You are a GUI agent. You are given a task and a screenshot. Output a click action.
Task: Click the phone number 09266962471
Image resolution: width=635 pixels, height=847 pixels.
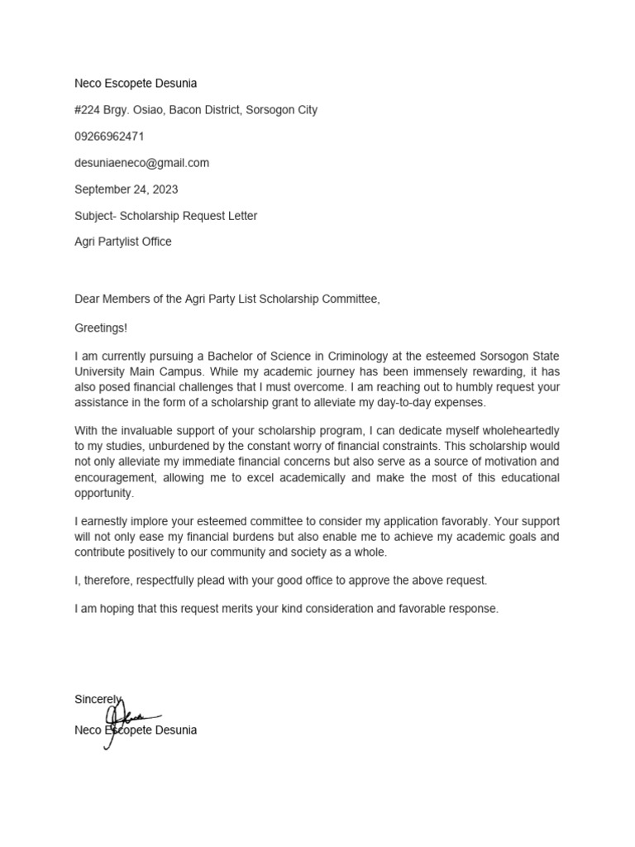(x=109, y=136)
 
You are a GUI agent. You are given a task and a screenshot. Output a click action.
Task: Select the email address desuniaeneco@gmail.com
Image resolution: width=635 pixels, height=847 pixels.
(x=141, y=163)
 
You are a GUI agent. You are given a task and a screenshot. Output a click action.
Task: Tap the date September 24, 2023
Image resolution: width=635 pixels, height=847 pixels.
(x=126, y=189)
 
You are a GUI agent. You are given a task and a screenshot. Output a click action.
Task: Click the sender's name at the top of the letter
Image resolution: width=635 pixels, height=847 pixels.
(x=136, y=84)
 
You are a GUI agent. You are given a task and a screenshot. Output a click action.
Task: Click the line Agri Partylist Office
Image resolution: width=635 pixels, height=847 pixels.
(x=123, y=242)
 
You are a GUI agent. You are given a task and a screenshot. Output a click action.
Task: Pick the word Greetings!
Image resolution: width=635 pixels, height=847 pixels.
(x=101, y=328)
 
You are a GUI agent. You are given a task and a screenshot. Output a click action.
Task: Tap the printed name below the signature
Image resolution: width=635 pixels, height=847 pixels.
(x=136, y=731)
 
